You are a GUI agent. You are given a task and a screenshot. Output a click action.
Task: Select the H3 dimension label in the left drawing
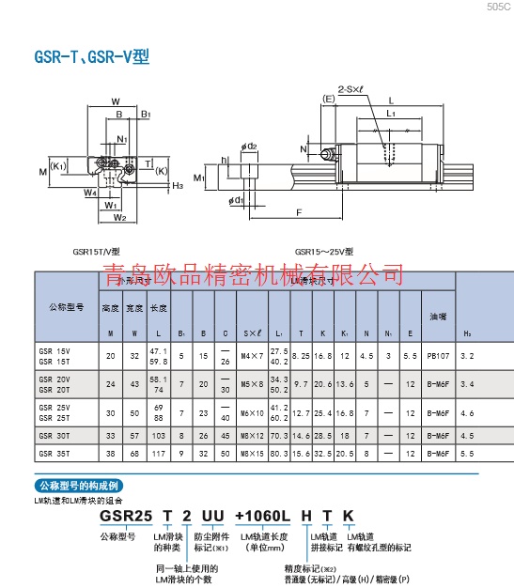click(x=178, y=186)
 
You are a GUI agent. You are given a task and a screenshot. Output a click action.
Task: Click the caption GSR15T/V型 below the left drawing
click(x=97, y=252)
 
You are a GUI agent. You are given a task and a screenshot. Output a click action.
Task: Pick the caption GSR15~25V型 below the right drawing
click(x=324, y=252)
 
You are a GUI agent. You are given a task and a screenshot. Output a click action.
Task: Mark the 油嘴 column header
click(x=437, y=316)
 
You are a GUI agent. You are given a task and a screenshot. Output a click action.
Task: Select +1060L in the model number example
click(x=259, y=518)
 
